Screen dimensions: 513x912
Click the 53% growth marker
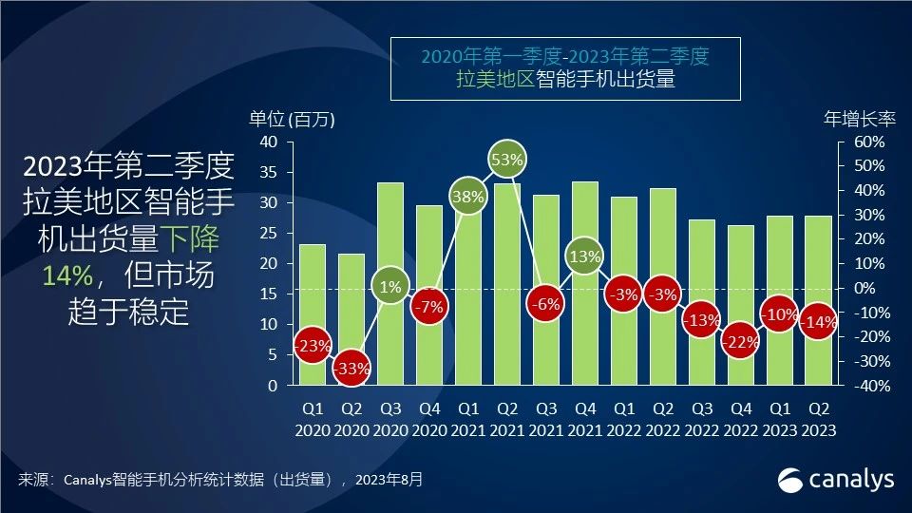point(507,160)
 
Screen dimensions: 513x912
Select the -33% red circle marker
point(351,368)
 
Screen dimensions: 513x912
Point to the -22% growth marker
point(741,342)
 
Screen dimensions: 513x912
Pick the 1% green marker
point(390,287)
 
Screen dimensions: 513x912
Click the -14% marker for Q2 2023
point(818,322)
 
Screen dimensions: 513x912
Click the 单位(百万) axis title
point(293,120)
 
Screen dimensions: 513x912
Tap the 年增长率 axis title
point(860,120)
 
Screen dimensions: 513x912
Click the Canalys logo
point(836,479)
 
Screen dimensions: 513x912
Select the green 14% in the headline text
point(67,275)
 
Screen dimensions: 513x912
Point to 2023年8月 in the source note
point(389,480)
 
